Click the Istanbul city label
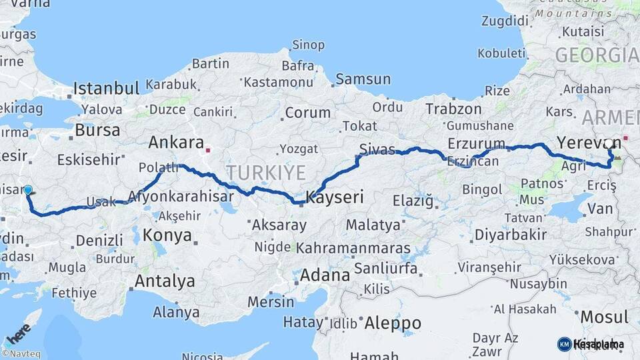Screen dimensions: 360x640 [106, 88]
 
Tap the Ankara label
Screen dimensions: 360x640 [176, 142]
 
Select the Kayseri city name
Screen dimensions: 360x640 [335, 197]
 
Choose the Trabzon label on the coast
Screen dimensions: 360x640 [453, 109]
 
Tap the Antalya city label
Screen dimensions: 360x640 [165, 281]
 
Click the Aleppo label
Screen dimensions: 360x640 [393, 323]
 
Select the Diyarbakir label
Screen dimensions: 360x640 [511, 235]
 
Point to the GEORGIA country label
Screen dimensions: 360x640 [597, 55]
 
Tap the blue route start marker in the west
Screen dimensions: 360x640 [28, 190]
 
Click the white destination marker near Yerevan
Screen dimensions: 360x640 [609, 143]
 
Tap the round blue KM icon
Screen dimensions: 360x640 [564, 344]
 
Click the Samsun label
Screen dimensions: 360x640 [363, 79]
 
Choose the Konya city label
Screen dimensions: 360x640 [167, 235]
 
